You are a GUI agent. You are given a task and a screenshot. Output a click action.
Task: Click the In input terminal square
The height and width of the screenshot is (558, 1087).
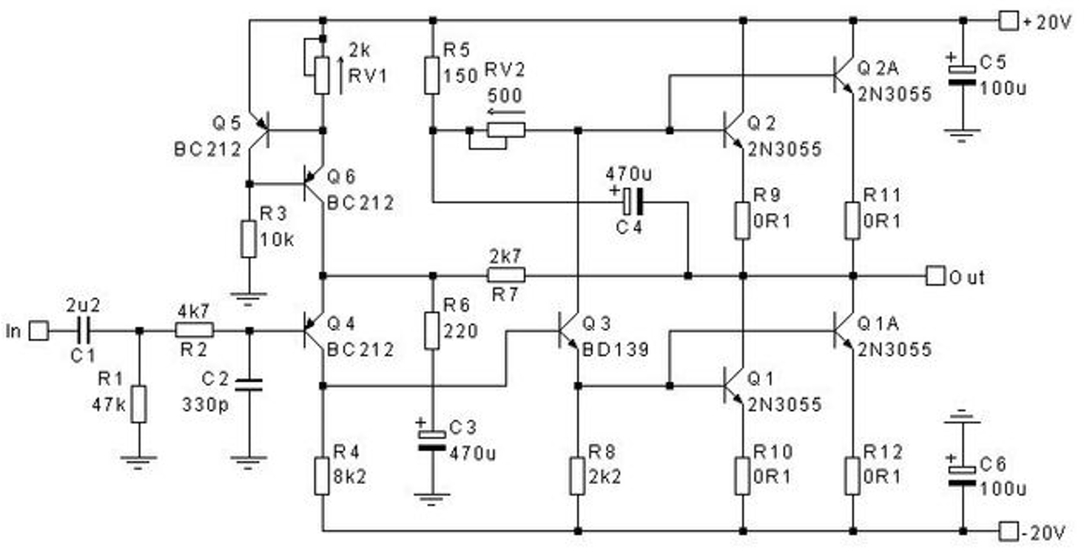(38, 331)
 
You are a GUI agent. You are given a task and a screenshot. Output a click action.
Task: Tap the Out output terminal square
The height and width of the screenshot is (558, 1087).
(935, 276)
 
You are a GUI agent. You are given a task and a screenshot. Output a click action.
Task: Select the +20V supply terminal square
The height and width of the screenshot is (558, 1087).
(1009, 21)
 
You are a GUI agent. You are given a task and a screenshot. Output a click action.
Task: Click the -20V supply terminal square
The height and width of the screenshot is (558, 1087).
(1009, 531)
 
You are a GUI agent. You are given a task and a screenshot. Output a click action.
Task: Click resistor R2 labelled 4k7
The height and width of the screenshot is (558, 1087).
(195, 331)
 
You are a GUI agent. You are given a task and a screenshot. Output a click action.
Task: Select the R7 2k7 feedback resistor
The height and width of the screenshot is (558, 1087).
(506, 276)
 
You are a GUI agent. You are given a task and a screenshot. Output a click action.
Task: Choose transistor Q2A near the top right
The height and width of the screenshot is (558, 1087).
(844, 75)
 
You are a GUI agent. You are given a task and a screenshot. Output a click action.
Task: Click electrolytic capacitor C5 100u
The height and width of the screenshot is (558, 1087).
(963, 75)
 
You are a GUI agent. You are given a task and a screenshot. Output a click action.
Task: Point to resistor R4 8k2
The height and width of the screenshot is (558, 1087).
(322, 476)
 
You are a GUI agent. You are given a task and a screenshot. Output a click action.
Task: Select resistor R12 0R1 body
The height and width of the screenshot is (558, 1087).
(853, 476)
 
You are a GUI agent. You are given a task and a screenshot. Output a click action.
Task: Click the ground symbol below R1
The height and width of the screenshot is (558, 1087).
(138, 460)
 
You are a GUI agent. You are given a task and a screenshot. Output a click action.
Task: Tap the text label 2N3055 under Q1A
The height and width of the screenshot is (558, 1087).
(895, 349)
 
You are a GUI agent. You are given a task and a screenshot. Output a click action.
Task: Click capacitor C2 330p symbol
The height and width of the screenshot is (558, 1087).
(249, 383)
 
